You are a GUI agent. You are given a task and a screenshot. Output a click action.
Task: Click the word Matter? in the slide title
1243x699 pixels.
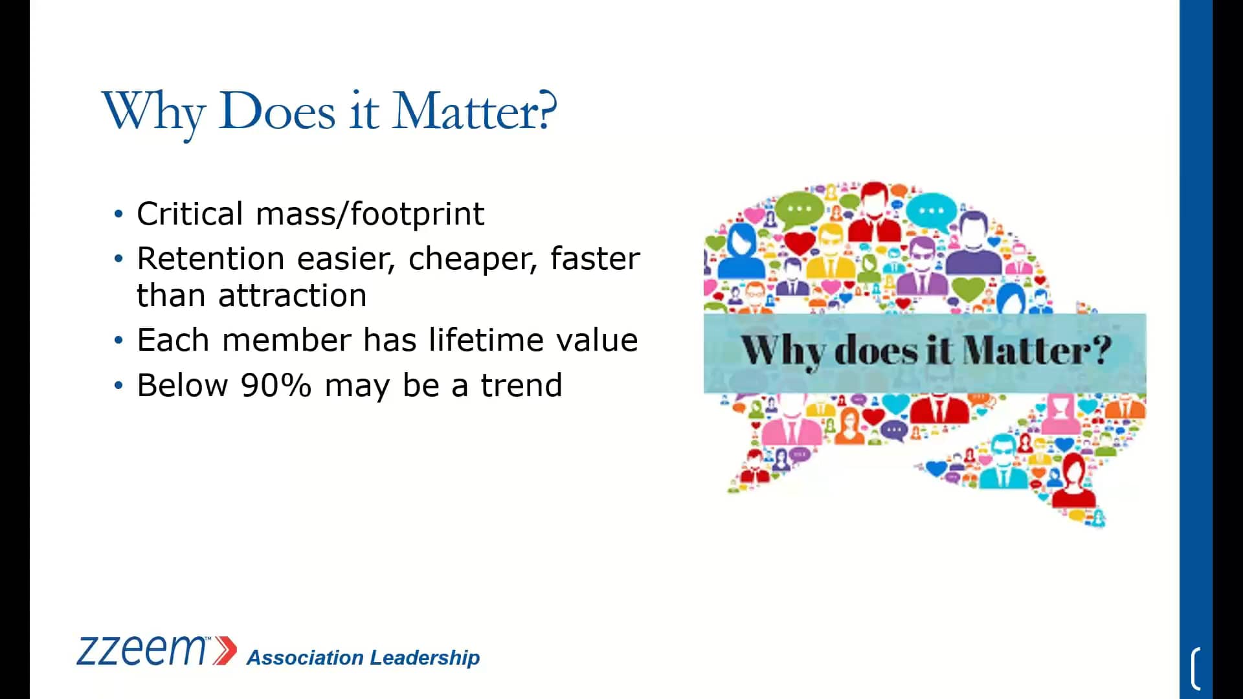475,111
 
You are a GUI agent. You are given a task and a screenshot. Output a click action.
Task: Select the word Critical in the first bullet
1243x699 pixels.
190,214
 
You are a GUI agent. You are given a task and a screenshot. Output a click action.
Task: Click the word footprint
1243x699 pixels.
418,214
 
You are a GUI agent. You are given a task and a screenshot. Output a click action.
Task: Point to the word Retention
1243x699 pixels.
211,258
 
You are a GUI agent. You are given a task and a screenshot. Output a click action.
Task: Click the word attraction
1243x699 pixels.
293,296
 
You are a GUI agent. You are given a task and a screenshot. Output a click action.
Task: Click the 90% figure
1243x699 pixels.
276,386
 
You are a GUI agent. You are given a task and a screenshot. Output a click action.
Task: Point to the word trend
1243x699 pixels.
521,386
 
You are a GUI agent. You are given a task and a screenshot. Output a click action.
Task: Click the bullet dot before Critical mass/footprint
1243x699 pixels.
118,214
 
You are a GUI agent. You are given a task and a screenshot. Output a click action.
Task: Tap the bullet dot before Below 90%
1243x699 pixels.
118,386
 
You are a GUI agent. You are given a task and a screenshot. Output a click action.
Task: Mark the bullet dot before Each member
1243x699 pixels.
118,340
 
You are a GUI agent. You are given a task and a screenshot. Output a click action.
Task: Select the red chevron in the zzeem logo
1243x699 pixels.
225,650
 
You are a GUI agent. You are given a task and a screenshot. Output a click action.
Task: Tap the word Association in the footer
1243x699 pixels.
305,658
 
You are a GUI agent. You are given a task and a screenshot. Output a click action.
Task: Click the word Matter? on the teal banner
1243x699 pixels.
1037,350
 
